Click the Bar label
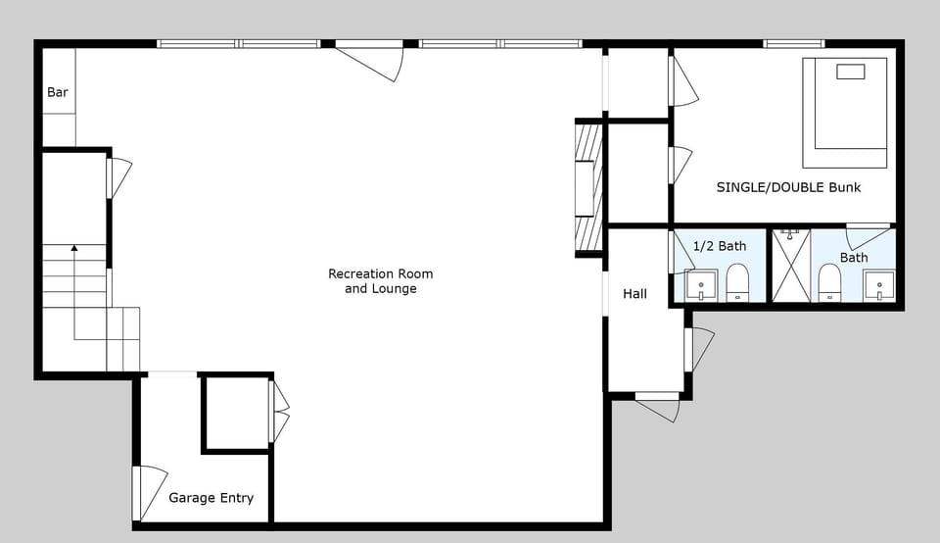58,92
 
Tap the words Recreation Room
380,273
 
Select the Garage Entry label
211,498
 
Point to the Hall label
634,293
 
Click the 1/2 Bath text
720,246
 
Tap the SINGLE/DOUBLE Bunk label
788,187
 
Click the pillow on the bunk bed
849,72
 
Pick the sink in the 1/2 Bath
701,285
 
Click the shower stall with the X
791,266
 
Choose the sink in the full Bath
878,285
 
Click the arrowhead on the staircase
73,251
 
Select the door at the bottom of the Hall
658,405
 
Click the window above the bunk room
793,43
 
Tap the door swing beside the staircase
118,177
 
